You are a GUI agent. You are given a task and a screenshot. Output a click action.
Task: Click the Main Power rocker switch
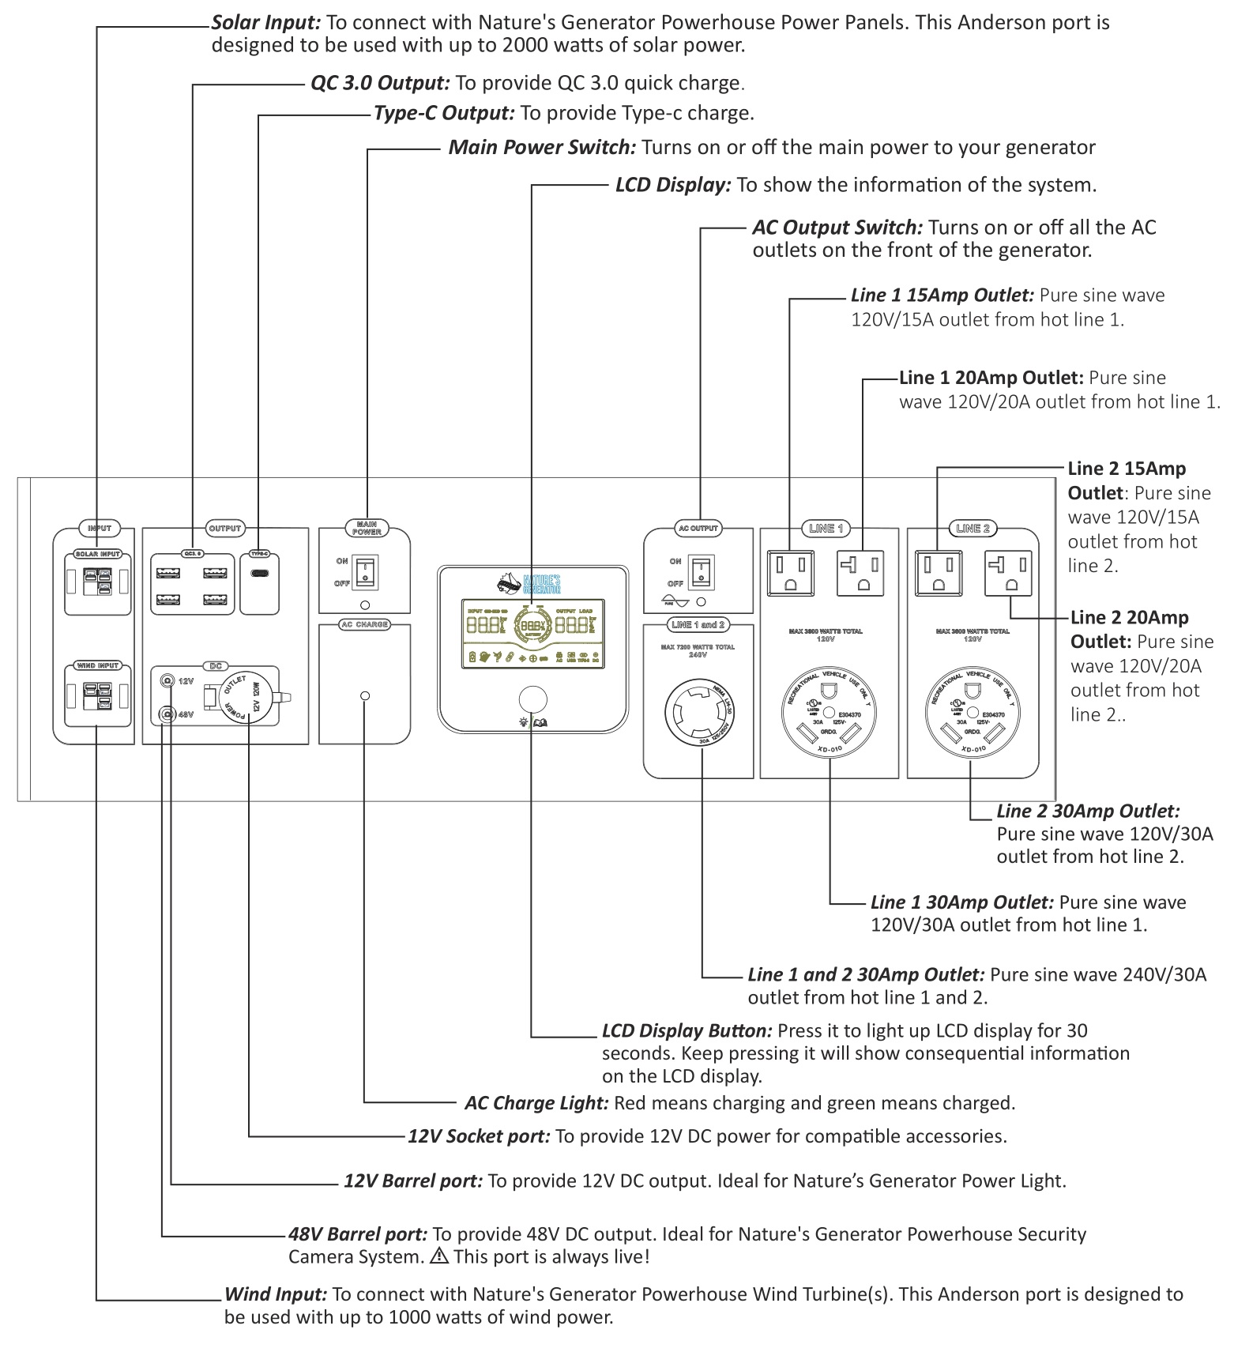[x=365, y=573]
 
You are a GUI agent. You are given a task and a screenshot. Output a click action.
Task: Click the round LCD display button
[x=532, y=700]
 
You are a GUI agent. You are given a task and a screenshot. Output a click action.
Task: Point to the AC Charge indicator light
[x=364, y=696]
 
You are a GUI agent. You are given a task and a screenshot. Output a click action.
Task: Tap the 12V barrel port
[x=167, y=681]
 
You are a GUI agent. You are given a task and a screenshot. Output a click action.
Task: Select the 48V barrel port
[x=167, y=714]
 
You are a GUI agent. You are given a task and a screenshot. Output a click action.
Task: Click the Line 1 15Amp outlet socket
[x=790, y=573]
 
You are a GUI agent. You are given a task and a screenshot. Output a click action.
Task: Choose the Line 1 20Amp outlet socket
[x=860, y=573]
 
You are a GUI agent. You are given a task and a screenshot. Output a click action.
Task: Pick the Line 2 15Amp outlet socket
[x=938, y=573]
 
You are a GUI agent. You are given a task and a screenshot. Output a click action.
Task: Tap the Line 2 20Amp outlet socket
[x=1008, y=573]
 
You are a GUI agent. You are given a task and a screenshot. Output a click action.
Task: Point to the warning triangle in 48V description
[x=439, y=1256]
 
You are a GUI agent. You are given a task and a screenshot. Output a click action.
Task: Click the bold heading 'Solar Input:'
[x=266, y=22]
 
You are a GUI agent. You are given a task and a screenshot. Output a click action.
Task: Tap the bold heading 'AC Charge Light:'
[x=536, y=1103]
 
